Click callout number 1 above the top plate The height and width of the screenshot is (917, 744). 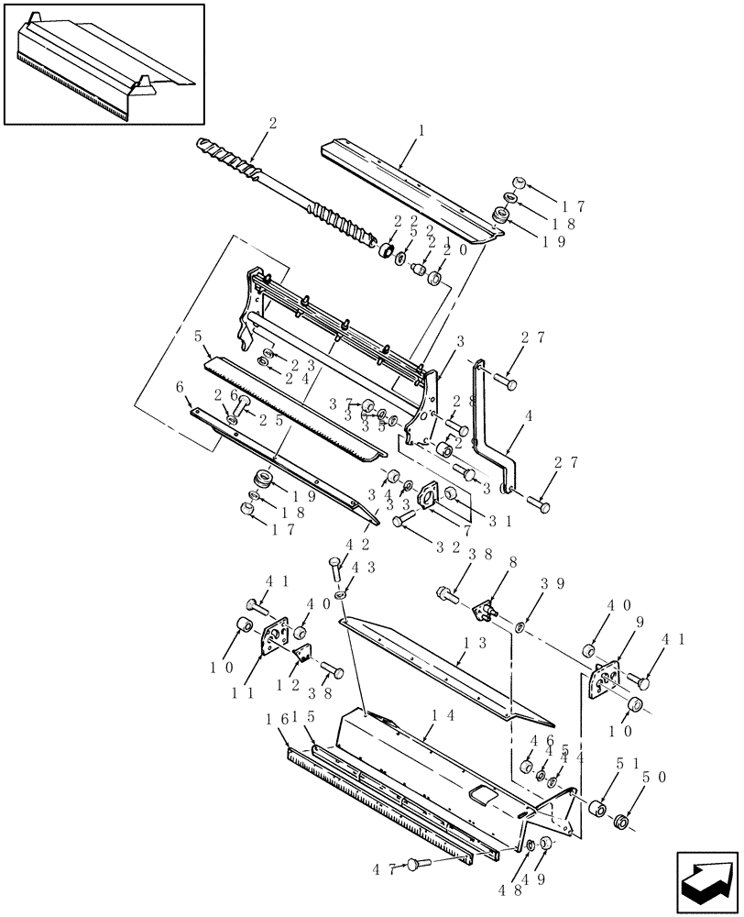(x=421, y=131)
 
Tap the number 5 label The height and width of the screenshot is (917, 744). (x=198, y=337)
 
